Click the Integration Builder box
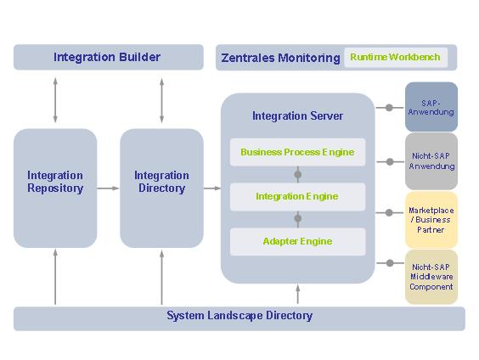109,57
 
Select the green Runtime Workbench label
395,57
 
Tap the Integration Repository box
55,188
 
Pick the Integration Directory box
161,188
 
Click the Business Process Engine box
297,152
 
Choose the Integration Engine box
297,197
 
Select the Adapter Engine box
297,241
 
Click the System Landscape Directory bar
239,318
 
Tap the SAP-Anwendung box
431,107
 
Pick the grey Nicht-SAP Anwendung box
431,161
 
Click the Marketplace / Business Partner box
431,220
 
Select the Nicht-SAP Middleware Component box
431,277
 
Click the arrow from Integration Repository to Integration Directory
108,188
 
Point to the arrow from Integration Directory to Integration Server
212,188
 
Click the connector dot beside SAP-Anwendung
389,108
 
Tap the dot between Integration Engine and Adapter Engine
298,218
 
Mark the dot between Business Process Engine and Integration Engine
298,175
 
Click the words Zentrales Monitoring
280,58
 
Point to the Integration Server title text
297,116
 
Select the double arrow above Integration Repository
55,100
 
